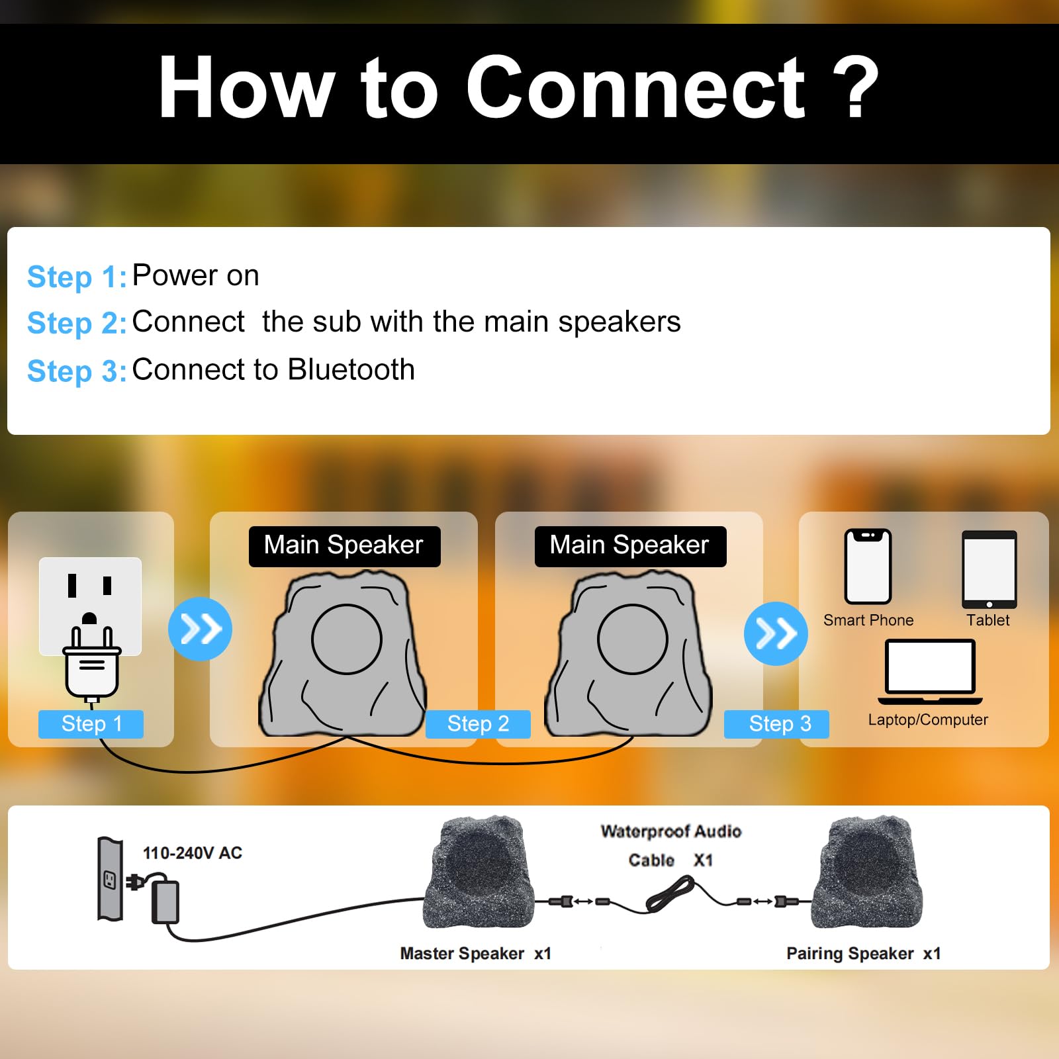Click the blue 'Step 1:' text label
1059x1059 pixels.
click(77, 277)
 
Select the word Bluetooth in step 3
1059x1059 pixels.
click(351, 369)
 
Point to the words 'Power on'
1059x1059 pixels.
click(196, 275)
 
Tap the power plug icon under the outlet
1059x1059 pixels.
click(92, 662)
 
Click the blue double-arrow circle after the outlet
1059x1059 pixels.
click(200, 629)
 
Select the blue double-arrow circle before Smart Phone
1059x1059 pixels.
click(776, 633)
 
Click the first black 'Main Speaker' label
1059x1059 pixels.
click(345, 546)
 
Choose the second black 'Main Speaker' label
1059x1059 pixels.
click(631, 546)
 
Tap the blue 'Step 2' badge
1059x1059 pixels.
click(478, 724)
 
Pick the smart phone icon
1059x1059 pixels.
click(868, 567)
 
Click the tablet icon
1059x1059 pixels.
click(990, 570)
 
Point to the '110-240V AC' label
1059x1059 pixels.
click(193, 852)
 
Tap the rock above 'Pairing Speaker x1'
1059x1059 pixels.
click(867, 872)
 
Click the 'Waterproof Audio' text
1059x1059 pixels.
click(671, 831)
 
